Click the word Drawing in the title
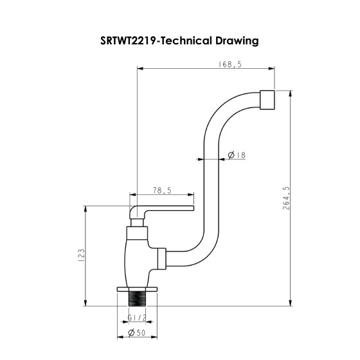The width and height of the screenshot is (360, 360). [x=238, y=41]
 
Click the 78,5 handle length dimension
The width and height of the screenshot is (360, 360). [x=162, y=190]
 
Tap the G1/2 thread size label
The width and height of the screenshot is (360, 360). [x=136, y=318]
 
